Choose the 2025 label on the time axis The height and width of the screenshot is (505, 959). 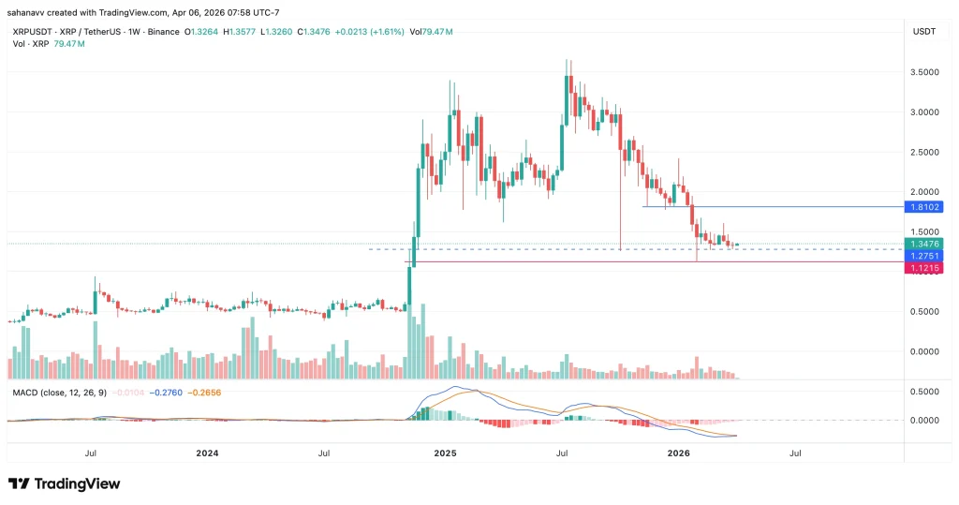pos(445,452)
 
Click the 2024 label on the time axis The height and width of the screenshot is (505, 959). pos(207,452)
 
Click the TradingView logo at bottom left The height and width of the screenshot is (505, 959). pos(65,483)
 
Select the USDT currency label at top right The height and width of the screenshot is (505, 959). pos(923,32)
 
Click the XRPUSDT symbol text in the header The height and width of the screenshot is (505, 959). pos(34,32)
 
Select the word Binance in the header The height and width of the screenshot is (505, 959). pos(161,32)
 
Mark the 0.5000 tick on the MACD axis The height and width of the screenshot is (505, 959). pos(922,392)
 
